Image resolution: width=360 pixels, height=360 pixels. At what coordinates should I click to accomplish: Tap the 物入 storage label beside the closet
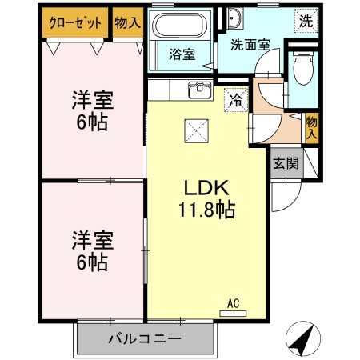click(127, 22)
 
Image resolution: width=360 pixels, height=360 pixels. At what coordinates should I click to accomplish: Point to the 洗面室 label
click(250, 45)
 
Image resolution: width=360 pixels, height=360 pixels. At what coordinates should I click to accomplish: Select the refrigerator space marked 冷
click(235, 100)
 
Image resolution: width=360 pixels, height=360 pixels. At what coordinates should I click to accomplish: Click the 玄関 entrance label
click(284, 165)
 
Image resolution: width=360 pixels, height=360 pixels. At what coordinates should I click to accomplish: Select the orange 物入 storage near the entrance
click(312, 127)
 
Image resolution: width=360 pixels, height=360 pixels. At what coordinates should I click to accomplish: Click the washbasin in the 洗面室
click(235, 19)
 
